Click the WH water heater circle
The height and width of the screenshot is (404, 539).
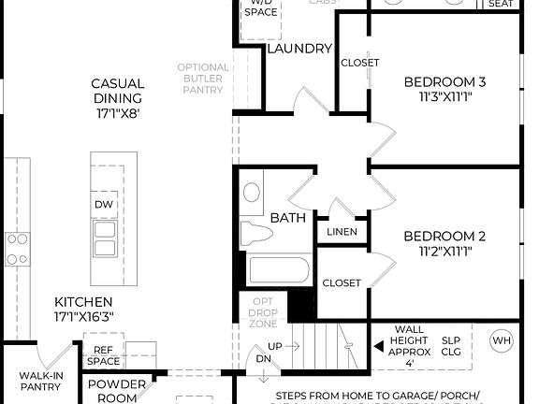[x=502, y=339]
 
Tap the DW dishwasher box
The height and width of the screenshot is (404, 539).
[x=104, y=204]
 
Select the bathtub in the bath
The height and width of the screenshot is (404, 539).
[x=278, y=271]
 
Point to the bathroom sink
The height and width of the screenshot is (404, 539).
[x=252, y=193]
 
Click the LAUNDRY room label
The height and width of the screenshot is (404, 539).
[x=299, y=49]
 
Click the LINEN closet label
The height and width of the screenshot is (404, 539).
[x=342, y=231]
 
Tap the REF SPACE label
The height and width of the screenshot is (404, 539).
[x=103, y=355]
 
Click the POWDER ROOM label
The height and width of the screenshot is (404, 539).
[x=117, y=391]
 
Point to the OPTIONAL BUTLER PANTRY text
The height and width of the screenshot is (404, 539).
[x=201, y=79]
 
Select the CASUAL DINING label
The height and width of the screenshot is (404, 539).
[x=117, y=97]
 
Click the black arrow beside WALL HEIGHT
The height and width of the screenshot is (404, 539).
[x=379, y=345]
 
